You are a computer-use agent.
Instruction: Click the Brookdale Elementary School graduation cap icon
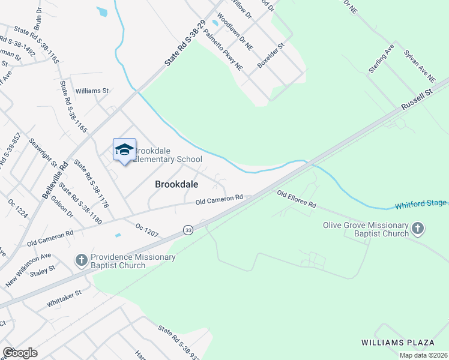(x=124, y=150)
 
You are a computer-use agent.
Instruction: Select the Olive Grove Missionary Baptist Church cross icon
(x=418, y=229)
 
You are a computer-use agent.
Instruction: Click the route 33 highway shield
(x=188, y=230)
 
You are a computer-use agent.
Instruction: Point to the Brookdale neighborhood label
(x=177, y=185)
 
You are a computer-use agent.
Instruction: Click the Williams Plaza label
(x=397, y=343)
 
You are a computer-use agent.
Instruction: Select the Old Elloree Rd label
(x=296, y=199)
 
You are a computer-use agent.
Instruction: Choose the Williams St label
(x=92, y=91)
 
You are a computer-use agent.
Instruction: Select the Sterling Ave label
(x=381, y=58)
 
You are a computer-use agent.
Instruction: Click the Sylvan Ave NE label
(x=419, y=67)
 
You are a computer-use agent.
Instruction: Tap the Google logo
(x=20, y=352)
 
